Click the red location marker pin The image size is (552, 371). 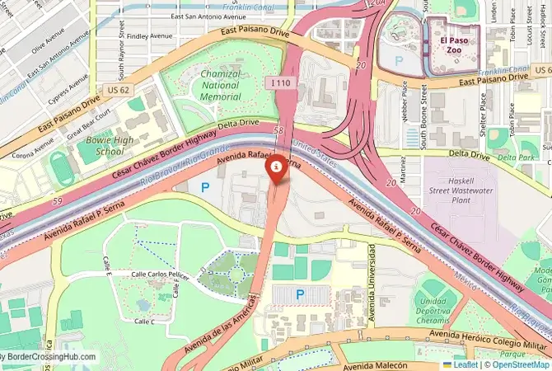tap(277, 167)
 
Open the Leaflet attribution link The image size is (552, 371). tap(465, 364)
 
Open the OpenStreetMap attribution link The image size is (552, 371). tap(518, 364)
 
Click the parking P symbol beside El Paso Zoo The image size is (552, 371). tap(400, 60)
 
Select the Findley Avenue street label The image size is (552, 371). tap(149, 36)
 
